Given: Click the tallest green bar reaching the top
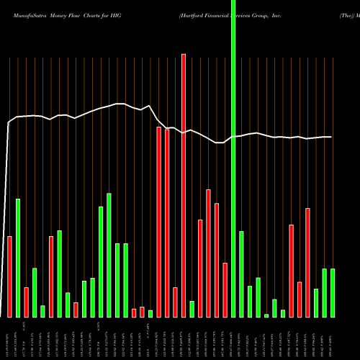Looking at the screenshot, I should [x=233, y=158].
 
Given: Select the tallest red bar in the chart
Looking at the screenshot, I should [x=184, y=185].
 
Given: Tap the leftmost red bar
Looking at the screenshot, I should [x=10, y=276].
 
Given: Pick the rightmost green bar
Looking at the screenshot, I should [x=333, y=292].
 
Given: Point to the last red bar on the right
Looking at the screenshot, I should [x=307, y=262].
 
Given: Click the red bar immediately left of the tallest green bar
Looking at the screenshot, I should [x=225, y=289].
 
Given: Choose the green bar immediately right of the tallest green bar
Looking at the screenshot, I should [x=241, y=274].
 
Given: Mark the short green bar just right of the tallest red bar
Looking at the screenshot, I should [x=192, y=308].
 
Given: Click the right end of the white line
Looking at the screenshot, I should [x=331, y=137].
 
